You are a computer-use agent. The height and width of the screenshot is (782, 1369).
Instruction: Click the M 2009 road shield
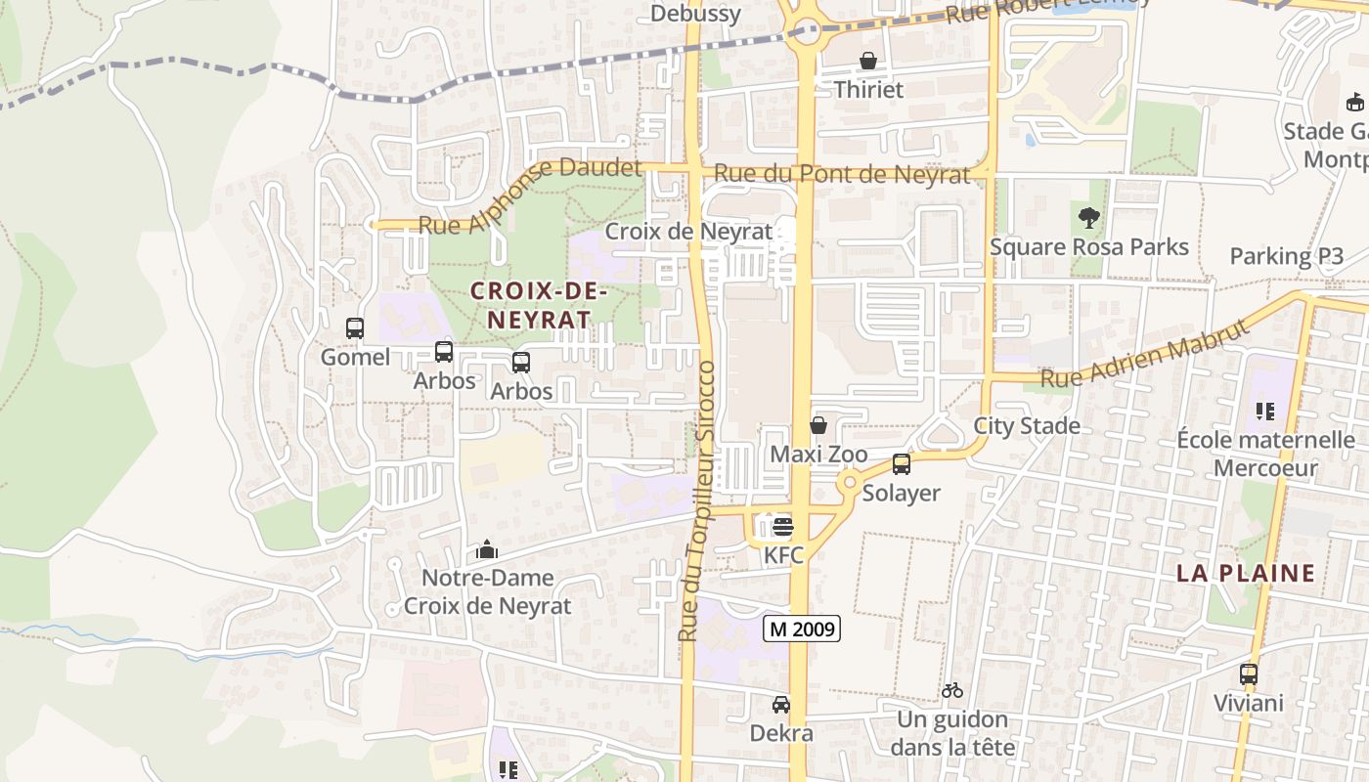(801, 630)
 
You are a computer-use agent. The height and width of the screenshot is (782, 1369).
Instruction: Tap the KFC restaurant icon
(782, 527)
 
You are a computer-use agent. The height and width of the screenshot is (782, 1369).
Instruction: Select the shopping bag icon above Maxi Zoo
(818, 425)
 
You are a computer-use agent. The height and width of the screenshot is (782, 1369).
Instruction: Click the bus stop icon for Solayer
(901, 464)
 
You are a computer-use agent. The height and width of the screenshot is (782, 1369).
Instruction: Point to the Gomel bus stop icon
(355, 328)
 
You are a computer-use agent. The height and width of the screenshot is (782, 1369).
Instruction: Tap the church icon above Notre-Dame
(487, 550)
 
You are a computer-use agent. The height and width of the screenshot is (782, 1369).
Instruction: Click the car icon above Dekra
(781, 704)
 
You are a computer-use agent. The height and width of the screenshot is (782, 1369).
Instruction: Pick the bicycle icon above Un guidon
(952, 690)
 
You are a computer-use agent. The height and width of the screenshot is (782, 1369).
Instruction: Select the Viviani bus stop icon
(1249, 673)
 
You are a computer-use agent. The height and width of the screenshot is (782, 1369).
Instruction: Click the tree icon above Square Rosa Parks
(1088, 218)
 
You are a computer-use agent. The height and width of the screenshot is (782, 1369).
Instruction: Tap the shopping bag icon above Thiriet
(867, 62)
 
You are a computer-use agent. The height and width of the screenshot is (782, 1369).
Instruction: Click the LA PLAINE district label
(1246, 574)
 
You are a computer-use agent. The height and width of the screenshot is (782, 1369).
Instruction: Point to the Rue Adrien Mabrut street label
(1145, 353)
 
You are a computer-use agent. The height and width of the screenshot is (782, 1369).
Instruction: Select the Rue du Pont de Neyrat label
(842, 174)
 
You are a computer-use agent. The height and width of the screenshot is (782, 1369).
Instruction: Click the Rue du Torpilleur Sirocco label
(698, 501)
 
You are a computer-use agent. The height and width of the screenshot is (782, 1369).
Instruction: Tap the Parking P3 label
(1286, 256)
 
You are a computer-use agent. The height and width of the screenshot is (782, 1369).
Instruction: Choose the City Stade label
(1027, 425)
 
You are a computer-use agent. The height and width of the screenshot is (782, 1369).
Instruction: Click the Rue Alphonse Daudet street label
(530, 195)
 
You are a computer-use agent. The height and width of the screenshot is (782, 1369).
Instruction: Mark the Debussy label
(695, 14)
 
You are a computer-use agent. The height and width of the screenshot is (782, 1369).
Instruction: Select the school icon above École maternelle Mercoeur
(1265, 412)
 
